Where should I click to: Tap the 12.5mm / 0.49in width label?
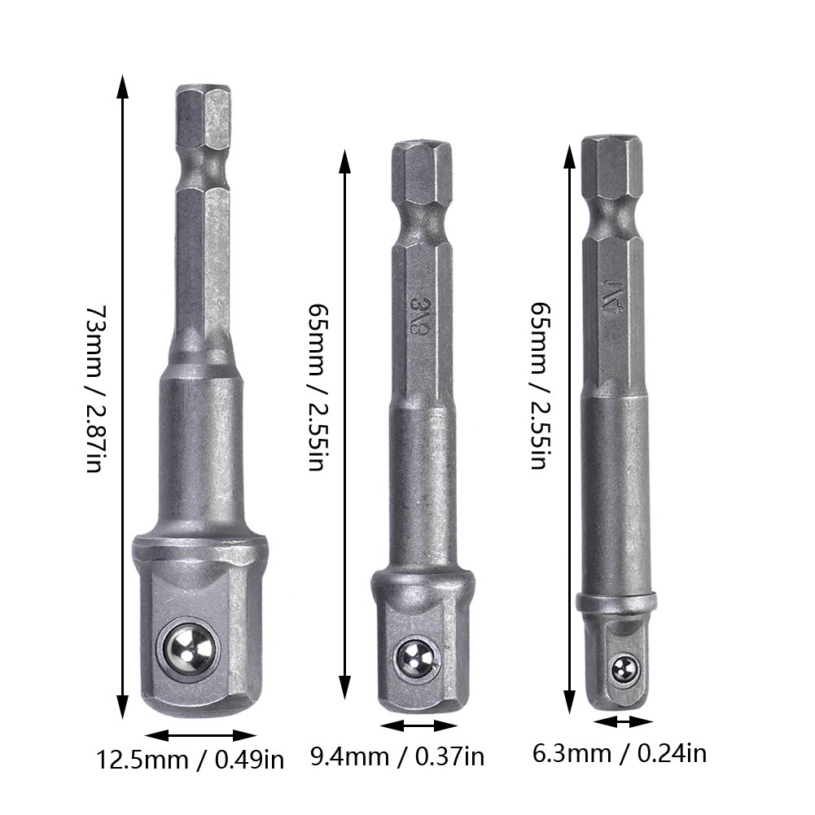pyautogui.click(x=191, y=760)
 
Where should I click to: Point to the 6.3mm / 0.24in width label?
pyautogui.click(x=620, y=753)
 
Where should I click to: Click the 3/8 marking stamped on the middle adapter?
pyautogui.click(x=417, y=316)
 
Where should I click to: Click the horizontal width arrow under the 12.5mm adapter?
pyautogui.click(x=200, y=735)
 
